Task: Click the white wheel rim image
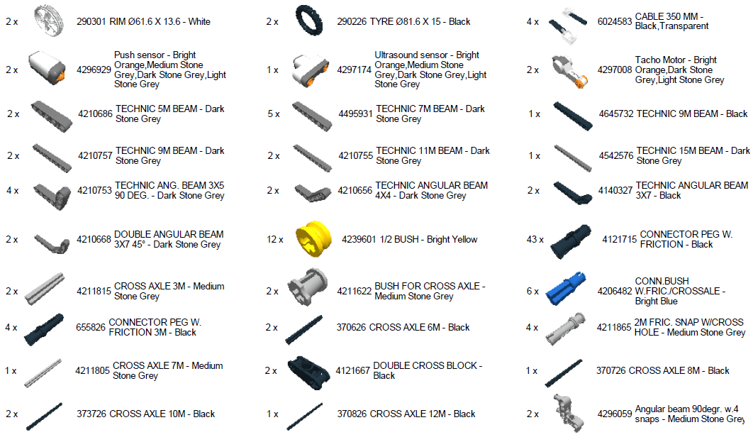[49, 21]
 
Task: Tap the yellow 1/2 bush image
[313, 238]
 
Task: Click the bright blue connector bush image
[565, 289]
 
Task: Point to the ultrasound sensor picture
[310, 70]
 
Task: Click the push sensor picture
[47, 68]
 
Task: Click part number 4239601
[358, 239]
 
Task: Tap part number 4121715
[619, 239]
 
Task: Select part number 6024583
[614, 21]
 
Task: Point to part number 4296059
[614, 414]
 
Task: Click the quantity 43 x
[535, 239]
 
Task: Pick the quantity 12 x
[274, 239]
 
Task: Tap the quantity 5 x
[274, 114]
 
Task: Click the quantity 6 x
[532, 291]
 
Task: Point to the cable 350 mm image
[568, 26]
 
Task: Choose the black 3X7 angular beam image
[572, 192]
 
